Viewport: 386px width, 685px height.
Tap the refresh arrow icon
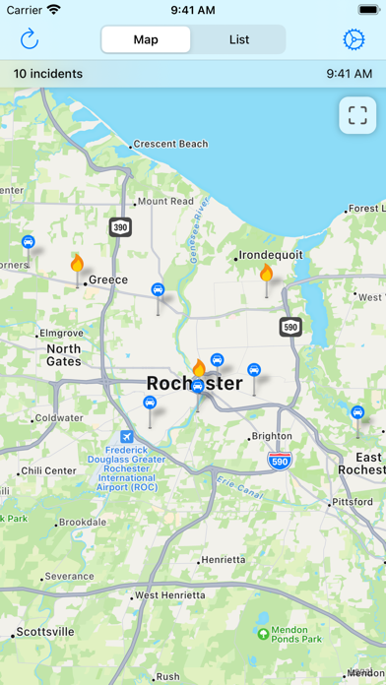tap(30, 39)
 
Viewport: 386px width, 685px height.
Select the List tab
tap(239, 39)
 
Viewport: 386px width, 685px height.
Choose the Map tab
tap(146, 39)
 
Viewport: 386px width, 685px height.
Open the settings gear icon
tap(354, 39)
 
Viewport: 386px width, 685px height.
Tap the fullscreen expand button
tap(356, 115)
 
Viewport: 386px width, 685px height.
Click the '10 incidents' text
tap(47, 73)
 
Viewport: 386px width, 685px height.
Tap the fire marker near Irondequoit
tap(265, 273)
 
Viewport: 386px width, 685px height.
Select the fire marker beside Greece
tap(77, 263)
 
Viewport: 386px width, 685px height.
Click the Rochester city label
tap(194, 384)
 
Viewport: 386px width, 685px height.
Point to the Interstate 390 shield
tap(120, 226)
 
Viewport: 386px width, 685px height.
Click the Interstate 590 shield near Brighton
tap(280, 460)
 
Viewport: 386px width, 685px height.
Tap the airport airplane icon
tap(126, 437)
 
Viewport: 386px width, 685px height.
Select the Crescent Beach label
tap(170, 144)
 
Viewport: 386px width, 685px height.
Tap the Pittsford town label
tap(353, 501)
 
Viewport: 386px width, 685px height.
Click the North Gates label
tap(64, 354)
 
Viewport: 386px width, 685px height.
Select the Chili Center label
tap(46, 470)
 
